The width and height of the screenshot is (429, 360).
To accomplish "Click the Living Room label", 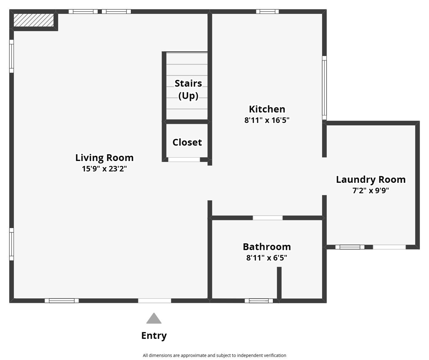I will pos(104,158).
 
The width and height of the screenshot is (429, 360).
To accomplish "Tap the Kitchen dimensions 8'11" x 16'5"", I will pos(267,120).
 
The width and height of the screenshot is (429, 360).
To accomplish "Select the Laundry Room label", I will pos(370,179).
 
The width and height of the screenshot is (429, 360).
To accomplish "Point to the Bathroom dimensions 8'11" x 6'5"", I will pos(267,258).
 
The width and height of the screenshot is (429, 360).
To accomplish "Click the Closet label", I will pos(187,142).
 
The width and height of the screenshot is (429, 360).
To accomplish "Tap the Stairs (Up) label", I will pos(188,89).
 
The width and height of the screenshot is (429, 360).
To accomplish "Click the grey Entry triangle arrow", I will pos(154,319).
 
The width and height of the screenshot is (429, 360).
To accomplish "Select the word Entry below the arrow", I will pos(154,336).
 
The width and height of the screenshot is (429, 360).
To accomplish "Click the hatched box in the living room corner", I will pos(34,20).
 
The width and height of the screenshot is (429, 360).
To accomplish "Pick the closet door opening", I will pos(184,160).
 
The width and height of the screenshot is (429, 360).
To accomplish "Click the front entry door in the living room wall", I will pos(155,300).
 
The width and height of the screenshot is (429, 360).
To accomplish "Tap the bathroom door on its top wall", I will pos(268,218).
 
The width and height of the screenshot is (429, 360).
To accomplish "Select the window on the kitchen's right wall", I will pos(324,88).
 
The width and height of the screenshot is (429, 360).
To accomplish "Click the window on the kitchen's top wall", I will pos(267,11).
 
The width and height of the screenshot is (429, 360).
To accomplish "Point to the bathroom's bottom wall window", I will pos(259,300).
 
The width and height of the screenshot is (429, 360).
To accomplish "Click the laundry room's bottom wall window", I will pos(350,247).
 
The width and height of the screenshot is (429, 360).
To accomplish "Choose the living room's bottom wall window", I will pos(62,300).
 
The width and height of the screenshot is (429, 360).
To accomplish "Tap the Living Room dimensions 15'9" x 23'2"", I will pos(104,169).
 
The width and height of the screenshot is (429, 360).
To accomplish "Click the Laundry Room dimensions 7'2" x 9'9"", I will pos(370,190).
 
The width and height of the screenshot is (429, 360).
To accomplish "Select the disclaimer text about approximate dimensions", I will pos(214,355).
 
